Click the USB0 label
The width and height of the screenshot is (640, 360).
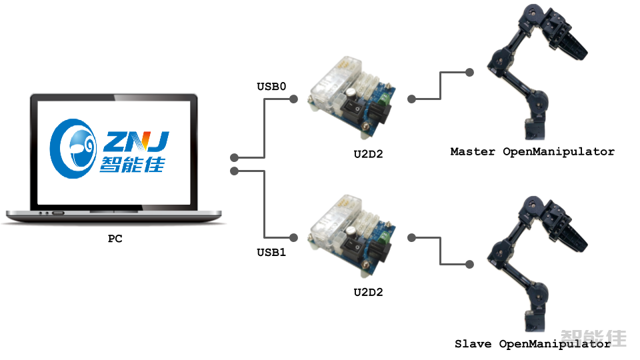click(271, 87)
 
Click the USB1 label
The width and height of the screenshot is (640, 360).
click(271, 253)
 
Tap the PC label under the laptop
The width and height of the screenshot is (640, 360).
click(115, 238)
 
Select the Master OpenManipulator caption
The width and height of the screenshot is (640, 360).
click(532, 152)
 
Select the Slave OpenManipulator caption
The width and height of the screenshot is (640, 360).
click(532, 344)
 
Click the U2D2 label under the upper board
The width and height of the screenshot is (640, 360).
click(368, 154)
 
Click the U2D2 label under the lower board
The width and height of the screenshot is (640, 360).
click(368, 292)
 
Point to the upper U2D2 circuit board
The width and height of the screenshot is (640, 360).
click(353, 93)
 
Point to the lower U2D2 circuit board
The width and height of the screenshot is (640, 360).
click(353, 233)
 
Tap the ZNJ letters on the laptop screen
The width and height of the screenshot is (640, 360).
click(137, 141)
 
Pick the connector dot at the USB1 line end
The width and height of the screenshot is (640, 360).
click(293, 237)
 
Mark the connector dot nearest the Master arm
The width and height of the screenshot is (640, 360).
click(470, 72)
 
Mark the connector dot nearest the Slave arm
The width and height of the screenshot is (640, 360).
click(470, 265)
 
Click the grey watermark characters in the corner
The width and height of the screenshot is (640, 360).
click(593, 337)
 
